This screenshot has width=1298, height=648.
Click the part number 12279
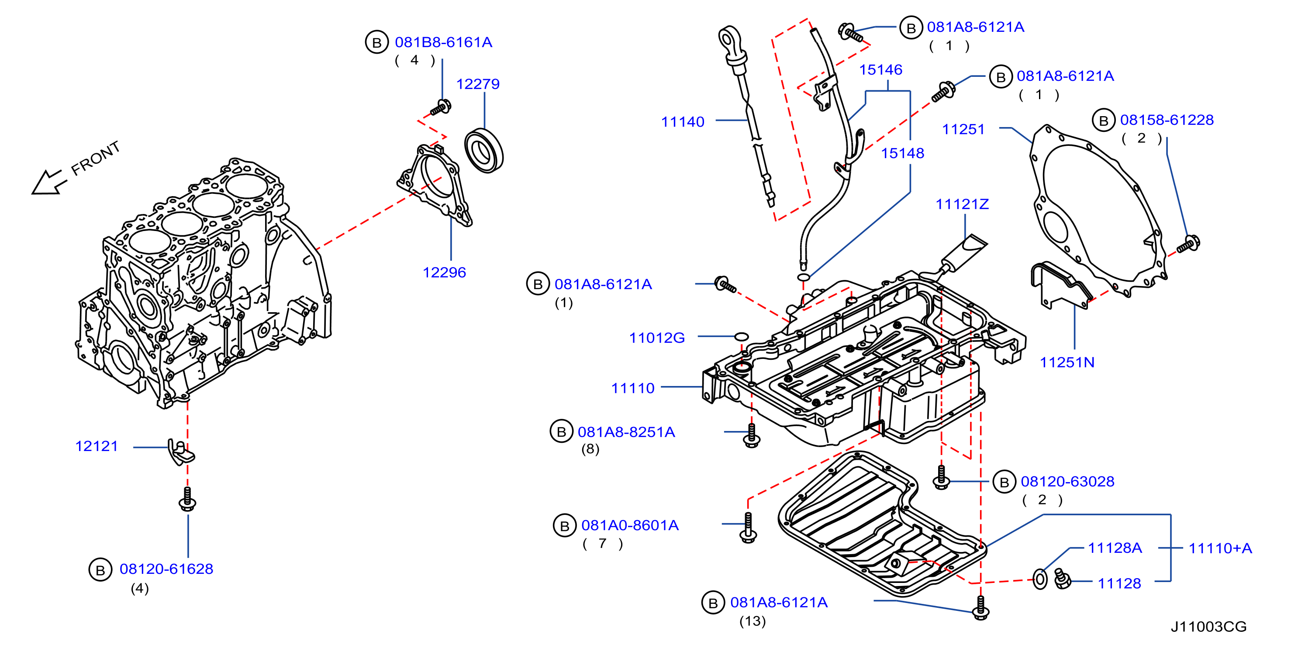pos(478,84)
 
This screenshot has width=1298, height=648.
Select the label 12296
pos(444,272)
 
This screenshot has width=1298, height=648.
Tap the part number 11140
pos(682,121)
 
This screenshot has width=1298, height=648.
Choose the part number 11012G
pos(656,338)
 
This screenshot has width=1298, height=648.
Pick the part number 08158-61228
pos(1167,120)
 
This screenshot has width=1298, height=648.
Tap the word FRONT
pos(95,158)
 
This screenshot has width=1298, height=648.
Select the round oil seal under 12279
pos(484,151)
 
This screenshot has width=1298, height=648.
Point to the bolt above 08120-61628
pos(187,499)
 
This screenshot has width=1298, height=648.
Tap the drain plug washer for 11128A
pos(1039,579)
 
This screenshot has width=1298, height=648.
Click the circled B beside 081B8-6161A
pos(376,42)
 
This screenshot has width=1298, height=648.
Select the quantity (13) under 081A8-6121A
pos(753,621)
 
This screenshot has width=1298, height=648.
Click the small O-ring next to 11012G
pos(741,336)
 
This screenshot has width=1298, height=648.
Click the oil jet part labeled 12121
pos(180,452)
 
